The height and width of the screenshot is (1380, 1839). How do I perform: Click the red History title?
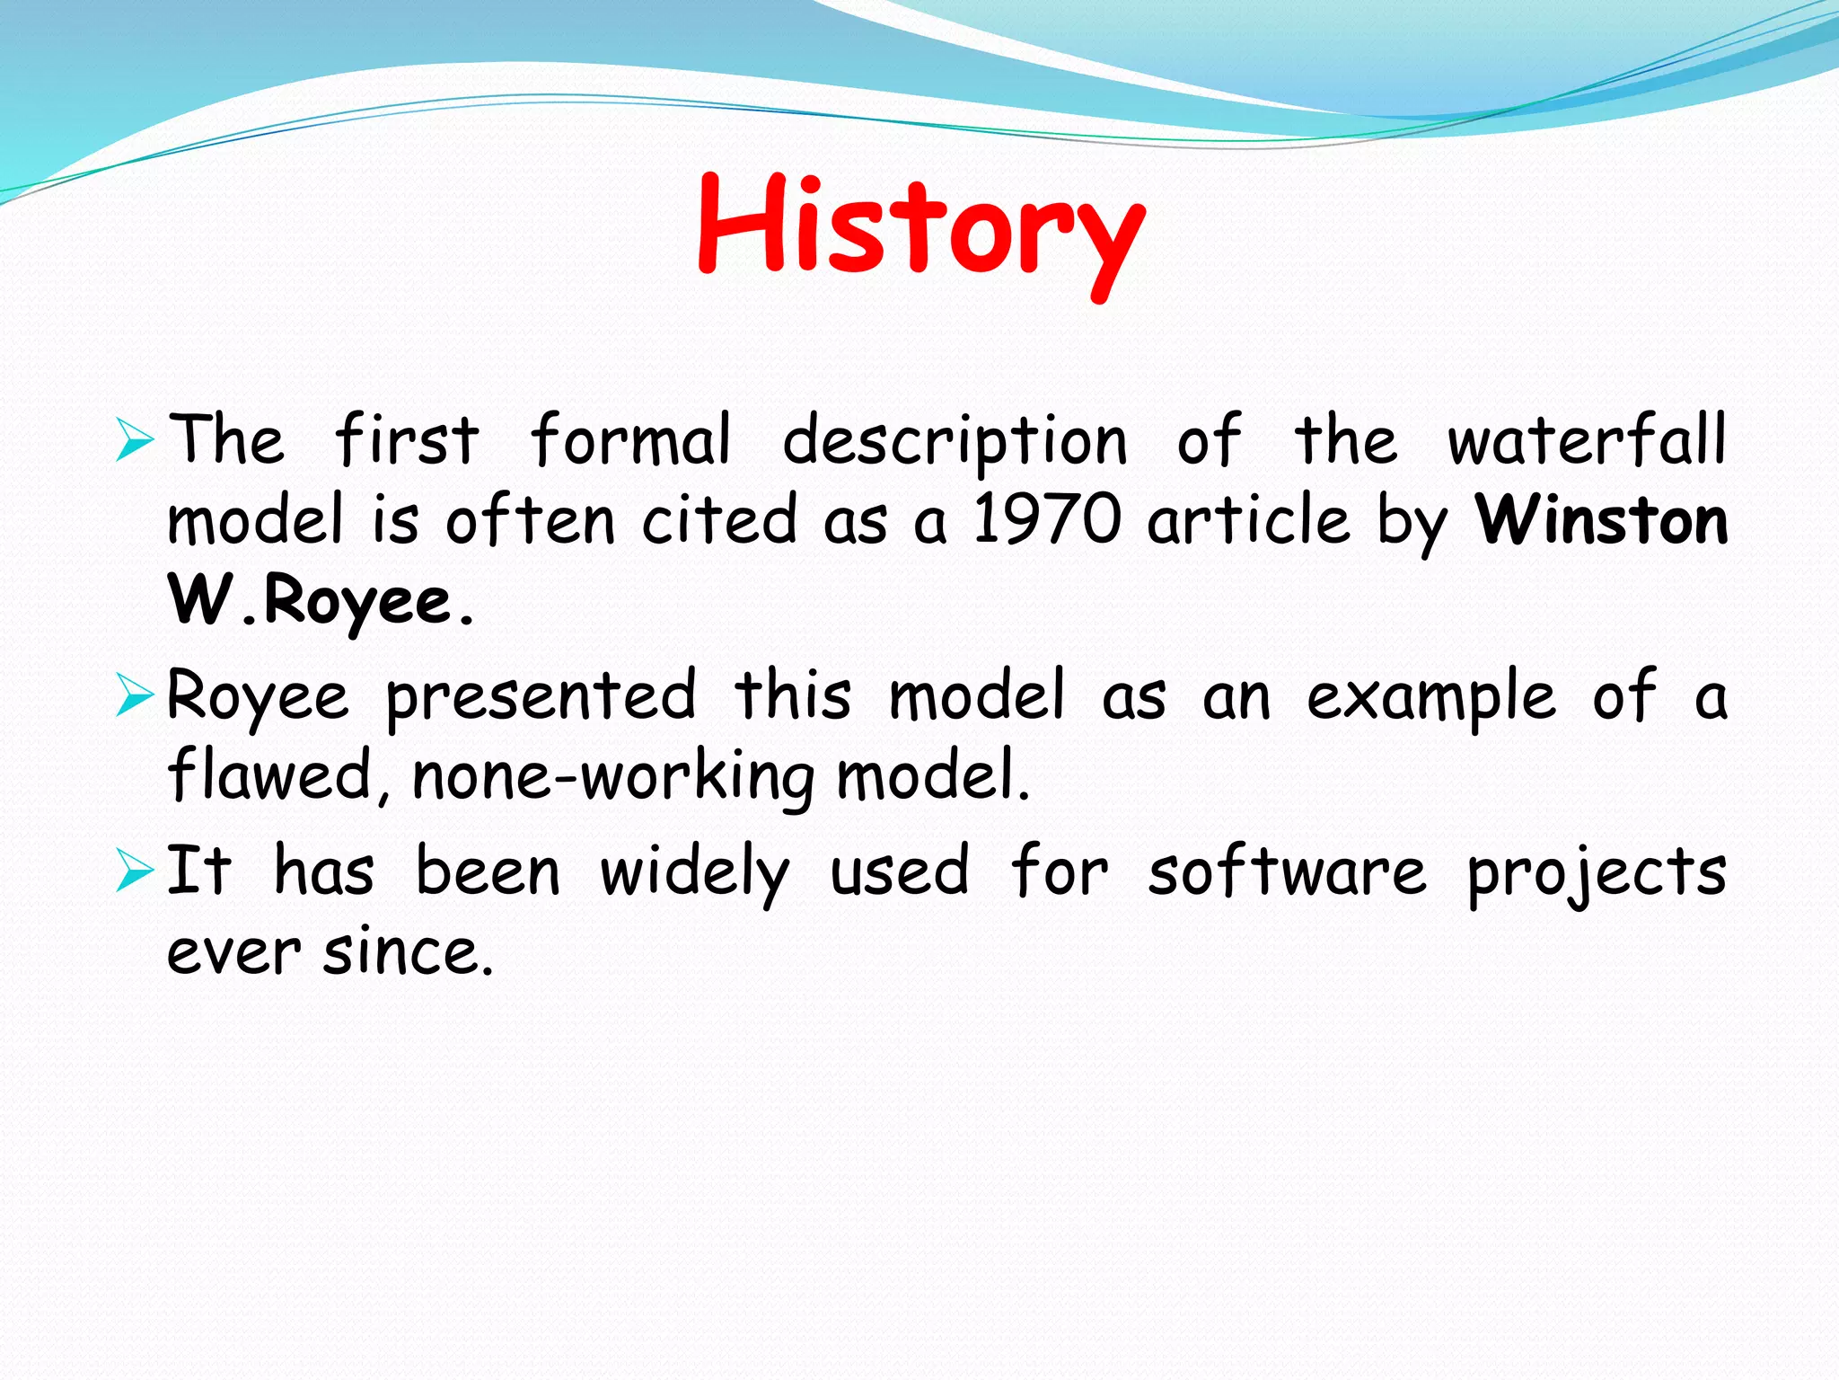click(919, 229)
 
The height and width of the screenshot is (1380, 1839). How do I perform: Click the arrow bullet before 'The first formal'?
click(135, 441)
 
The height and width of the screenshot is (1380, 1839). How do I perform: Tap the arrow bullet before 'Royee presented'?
click(135, 697)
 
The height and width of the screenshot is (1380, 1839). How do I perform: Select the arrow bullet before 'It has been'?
click(135, 872)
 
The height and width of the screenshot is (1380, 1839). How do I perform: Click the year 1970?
click(1047, 520)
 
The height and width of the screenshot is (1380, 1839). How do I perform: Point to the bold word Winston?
click(1601, 520)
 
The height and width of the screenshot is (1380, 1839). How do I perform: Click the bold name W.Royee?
click(321, 600)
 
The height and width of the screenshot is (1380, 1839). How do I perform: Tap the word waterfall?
click(1587, 441)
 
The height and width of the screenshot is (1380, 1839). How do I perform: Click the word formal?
click(630, 441)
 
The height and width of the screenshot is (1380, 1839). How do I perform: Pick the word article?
click(1249, 520)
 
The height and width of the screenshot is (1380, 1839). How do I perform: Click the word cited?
click(719, 520)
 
